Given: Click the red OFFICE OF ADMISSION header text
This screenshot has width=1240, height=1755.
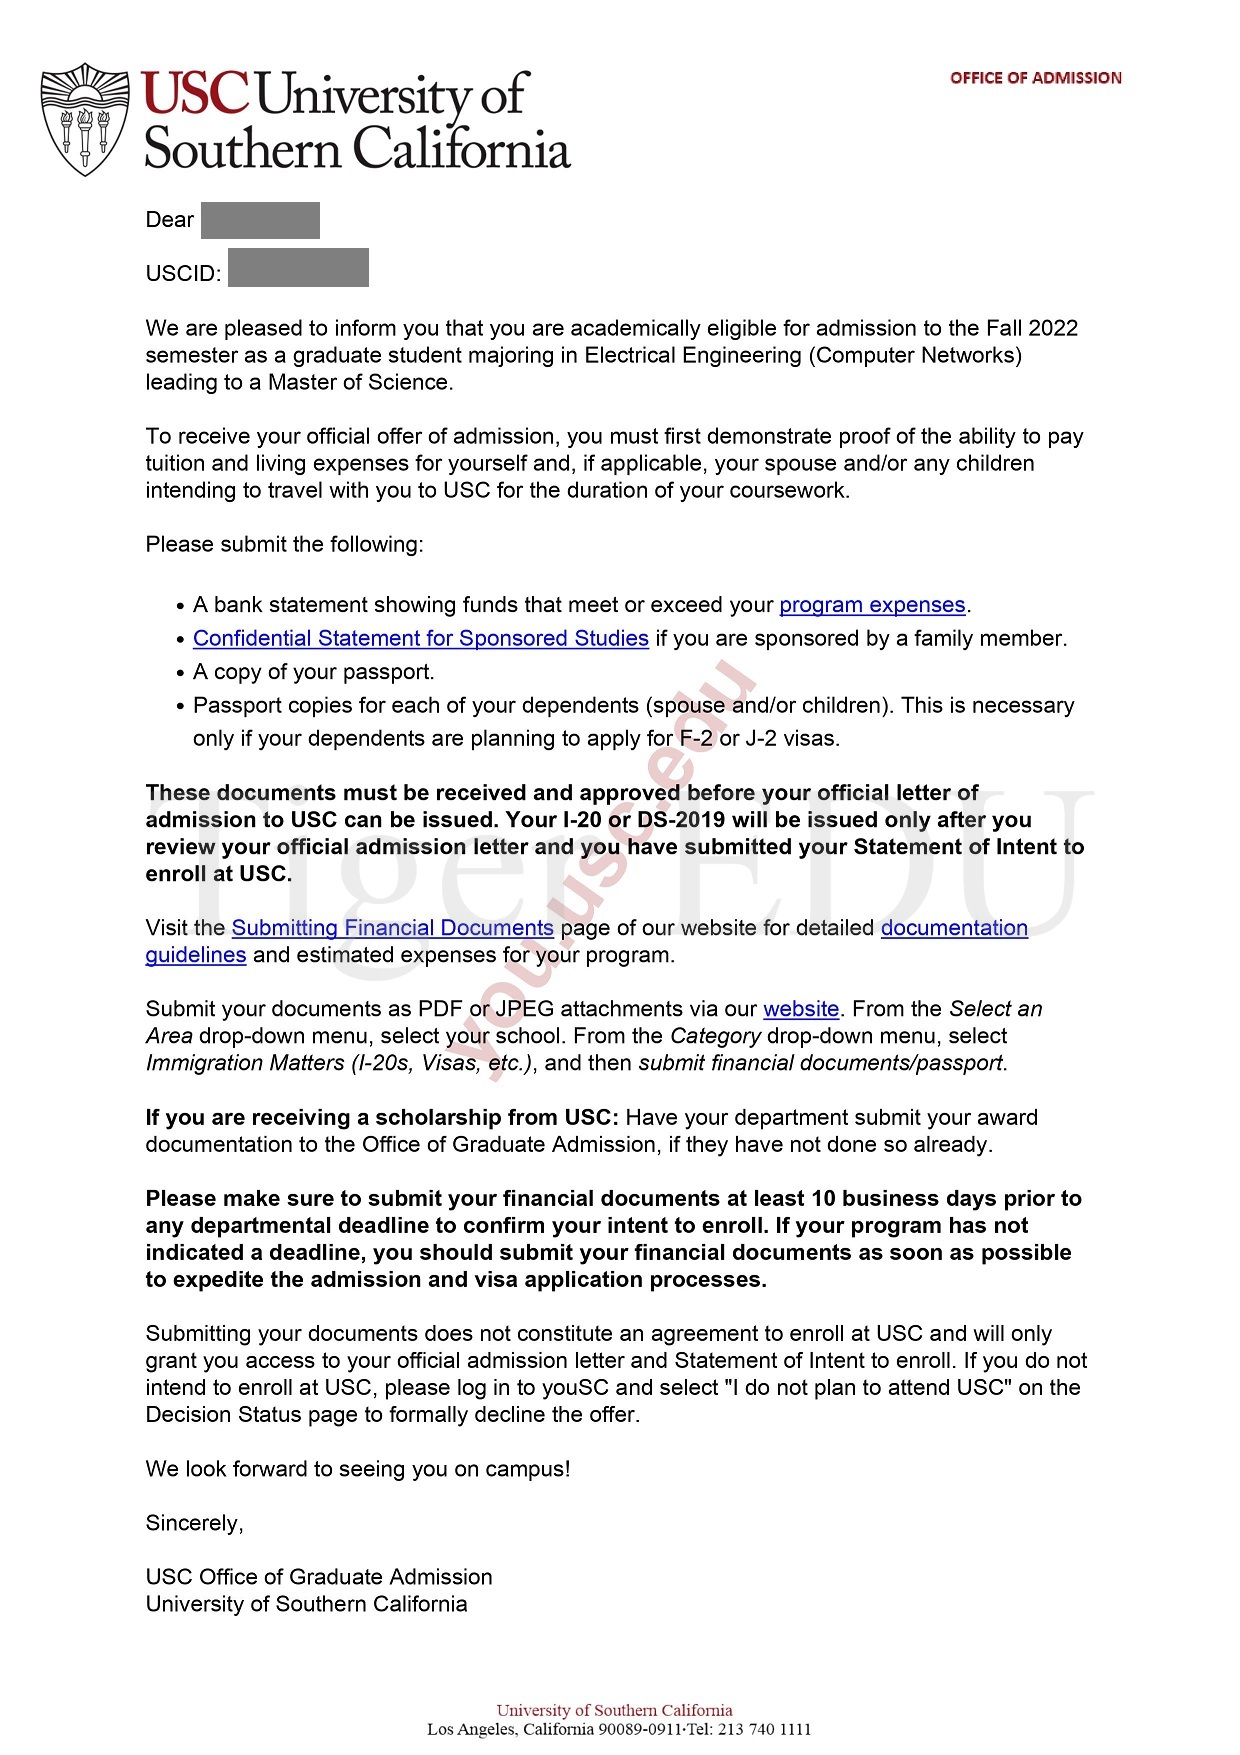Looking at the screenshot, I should [1035, 78].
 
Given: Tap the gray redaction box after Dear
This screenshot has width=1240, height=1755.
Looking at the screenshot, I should [260, 220].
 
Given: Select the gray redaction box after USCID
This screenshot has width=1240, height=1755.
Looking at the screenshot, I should [298, 268].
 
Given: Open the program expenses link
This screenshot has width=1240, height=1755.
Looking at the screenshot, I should [872, 605].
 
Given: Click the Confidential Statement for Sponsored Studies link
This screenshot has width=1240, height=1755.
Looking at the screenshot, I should [420, 638].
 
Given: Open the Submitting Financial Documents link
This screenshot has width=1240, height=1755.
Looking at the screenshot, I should [392, 928].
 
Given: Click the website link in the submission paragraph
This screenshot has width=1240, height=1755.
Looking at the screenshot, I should [800, 1009].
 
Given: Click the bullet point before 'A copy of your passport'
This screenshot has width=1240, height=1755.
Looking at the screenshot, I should [181, 673].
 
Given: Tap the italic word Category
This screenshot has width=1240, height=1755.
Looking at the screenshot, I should [715, 1036].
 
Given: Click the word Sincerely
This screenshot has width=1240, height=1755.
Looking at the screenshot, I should [194, 1523].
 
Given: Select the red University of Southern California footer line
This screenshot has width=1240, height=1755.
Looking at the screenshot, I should [614, 1710].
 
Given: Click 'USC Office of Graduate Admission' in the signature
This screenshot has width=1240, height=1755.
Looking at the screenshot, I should [319, 1577].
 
